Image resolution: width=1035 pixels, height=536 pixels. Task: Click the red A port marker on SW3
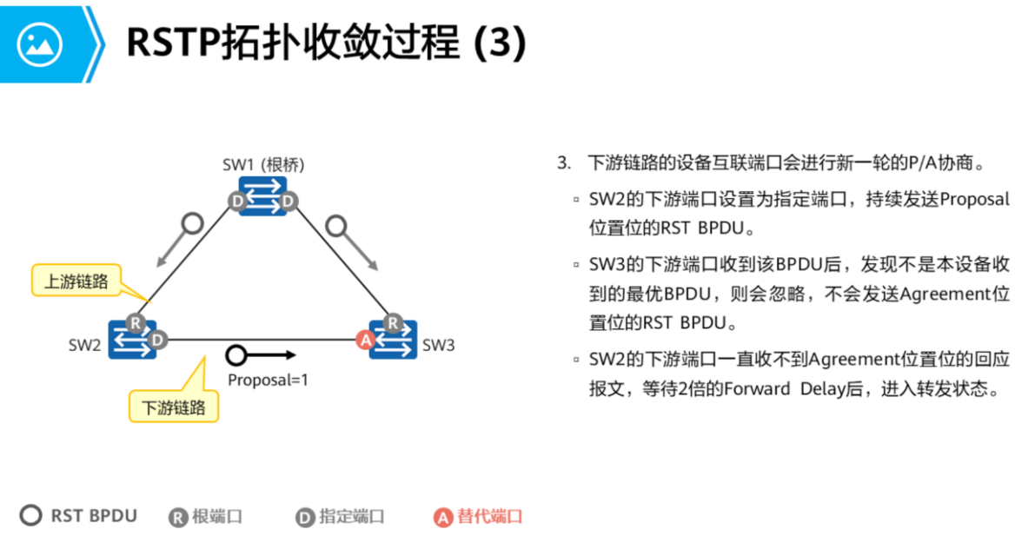(366, 341)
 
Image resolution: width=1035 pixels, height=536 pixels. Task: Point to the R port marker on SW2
(135, 322)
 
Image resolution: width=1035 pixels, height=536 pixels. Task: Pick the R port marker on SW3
(392, 323)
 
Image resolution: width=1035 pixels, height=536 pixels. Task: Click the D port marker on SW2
(156, 340)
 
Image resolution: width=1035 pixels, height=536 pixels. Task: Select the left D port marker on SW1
(237, 202)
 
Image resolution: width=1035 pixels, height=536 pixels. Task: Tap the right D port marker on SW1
(289, 202)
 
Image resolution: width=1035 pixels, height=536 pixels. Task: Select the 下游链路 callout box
(174, 407)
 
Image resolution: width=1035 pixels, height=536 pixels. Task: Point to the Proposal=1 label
(268, 380)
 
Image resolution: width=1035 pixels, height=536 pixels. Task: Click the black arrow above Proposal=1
(261, 355)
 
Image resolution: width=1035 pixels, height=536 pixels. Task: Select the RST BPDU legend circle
(31, 516)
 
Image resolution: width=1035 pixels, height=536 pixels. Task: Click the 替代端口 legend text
(491, 516)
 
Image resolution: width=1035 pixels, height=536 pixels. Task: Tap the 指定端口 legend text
(352, 516)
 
